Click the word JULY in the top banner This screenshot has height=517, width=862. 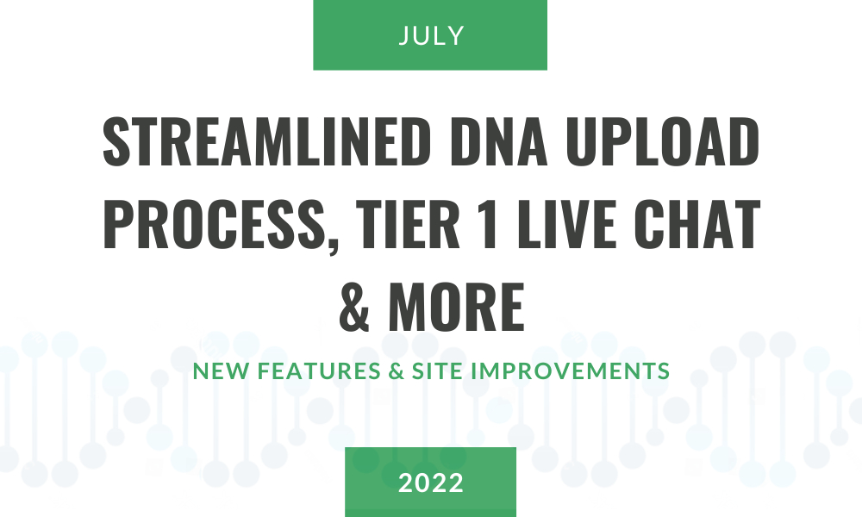pos(431,35)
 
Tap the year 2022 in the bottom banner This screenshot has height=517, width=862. pos(431,483)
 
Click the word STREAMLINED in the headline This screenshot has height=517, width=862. pos(267,141)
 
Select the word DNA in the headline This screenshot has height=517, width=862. pos(499,141)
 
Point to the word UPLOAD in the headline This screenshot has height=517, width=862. pos(663,141)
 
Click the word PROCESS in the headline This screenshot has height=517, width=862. pos(213,224)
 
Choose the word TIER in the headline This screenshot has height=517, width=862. pos(408,224)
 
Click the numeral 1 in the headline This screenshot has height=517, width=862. pos(488,224)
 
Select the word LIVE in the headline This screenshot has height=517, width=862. pos(567,224)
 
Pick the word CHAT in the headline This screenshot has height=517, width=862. pos(697,224)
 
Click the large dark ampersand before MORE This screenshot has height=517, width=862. pos(354,307)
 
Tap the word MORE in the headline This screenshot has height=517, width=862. pos(457,307)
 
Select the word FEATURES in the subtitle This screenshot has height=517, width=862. pos(320,371)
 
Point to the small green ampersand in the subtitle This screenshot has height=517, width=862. pos(397,371)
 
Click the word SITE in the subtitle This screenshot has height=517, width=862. pos(438,371)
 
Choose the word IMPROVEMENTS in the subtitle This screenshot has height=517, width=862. pos(571,371)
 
